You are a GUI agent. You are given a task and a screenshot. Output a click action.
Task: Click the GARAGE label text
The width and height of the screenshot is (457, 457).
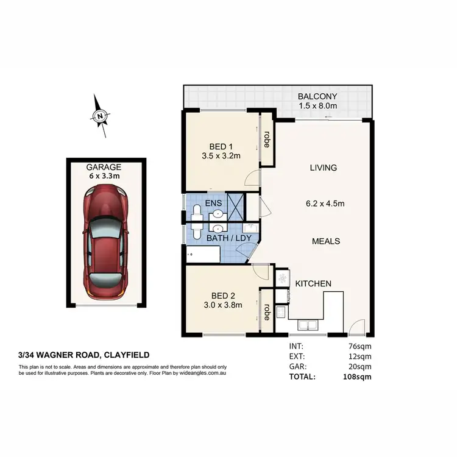click(x=104, y=166)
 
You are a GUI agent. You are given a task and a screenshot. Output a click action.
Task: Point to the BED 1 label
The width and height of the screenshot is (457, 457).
click(x=221, y=146)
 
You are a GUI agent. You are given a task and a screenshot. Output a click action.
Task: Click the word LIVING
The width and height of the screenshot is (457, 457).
click(x=323, y=168)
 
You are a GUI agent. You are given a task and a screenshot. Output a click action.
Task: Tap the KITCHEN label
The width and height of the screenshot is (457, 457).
click(x=313, y=284)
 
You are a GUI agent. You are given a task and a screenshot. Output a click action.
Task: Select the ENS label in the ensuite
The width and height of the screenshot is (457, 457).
click(x=213, y=202)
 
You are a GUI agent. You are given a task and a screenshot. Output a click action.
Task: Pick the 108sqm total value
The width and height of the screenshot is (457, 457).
click(x=356, y=377)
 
